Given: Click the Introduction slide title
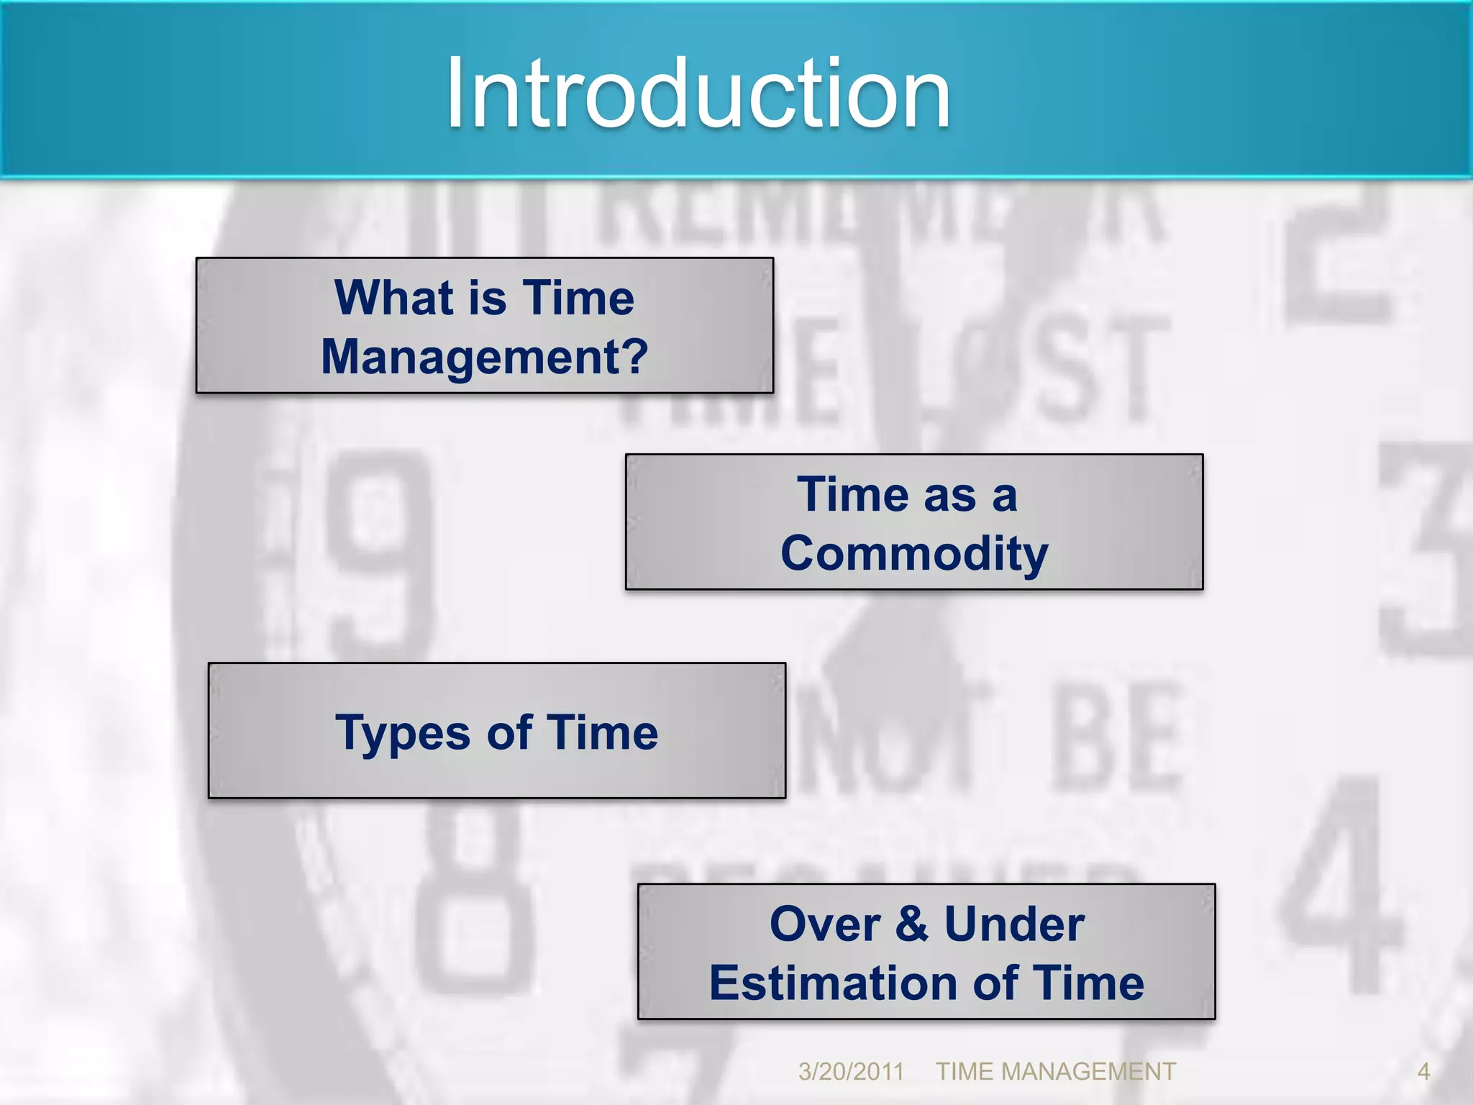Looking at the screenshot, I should tap(698, 94).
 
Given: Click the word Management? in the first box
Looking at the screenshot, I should tap(485, 358).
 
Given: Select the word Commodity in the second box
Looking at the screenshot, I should tap(914, 554).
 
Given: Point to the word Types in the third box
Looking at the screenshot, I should tap(403, 734).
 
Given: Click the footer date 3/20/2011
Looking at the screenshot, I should tap(851, 1072).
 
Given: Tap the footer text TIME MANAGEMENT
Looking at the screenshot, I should tap(1055, 1072).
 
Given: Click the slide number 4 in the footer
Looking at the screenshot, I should tap(1423, 1072).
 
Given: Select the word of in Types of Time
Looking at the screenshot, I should tap(509, 732).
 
